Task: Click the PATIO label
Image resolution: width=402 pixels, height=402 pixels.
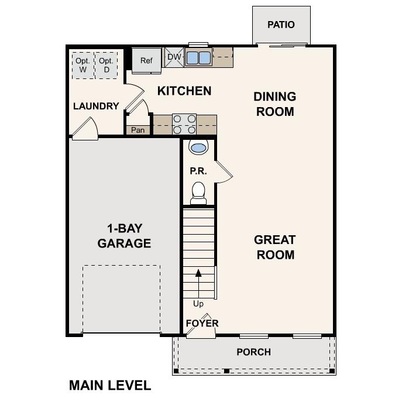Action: click(x=281, y=25)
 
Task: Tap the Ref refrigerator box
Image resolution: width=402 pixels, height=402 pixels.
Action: click(x=146, y=60)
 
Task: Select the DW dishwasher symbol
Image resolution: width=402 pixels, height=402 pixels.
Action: click(x=174, y=57)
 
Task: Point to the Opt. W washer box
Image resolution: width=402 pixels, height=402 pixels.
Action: click(x=83, y=65)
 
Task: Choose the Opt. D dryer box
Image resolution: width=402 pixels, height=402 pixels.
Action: click(x=106, y=65)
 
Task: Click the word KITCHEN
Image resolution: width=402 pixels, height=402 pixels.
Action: click(x=184, y=91)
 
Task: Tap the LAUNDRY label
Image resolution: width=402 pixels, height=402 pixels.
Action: click(x=96, y=106)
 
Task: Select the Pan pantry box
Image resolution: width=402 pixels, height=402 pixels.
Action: click(x=138, y=130)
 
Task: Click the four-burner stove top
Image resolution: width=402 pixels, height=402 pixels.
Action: click(x=184, y=124)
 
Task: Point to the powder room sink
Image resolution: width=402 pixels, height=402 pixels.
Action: click(x=198, y=147)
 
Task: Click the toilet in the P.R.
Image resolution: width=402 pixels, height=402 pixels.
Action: click(x=198, y=191)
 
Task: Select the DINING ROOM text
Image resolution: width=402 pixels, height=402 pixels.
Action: click(x=274, y=104)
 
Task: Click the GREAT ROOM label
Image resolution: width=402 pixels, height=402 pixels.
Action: click(x=274, y=247)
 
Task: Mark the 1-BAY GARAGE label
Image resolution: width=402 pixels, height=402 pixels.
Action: click(x=124, y=235)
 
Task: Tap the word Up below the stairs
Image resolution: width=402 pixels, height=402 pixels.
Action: click(x=198, y=304)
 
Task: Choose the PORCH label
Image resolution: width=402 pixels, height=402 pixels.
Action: click(x=253, y=352)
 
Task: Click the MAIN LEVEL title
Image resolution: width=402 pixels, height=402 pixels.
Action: click(x=110, y=385)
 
